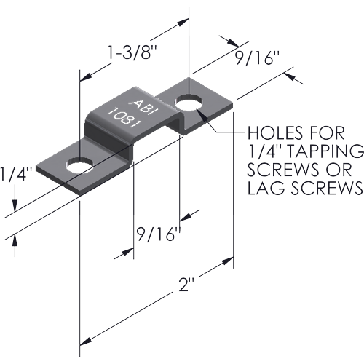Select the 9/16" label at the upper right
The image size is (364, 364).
(258, 58)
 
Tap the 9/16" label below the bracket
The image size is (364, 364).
(159, 234)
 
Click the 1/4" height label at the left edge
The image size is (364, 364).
(16, 173)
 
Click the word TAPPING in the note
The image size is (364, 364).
(325, 151)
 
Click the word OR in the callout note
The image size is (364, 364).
(339, 170)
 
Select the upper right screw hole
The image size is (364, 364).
(189, 103)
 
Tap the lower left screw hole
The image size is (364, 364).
(79, 165)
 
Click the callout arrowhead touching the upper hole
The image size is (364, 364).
(203, 115)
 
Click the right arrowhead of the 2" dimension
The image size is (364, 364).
(228, 261)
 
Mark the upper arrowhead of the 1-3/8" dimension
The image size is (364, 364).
(183, 23)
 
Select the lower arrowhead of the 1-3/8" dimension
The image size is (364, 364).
(86, 77)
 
